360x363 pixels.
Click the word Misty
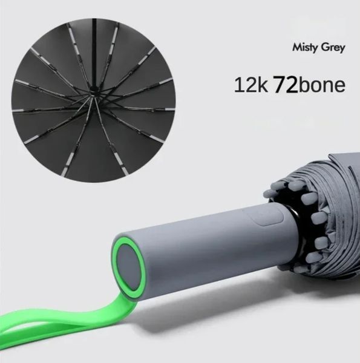(x=304, y=48)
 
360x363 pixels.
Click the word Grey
(x=332, y=48)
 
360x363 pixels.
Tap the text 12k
(x=250, y=85)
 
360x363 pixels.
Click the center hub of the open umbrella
(x=94, y=94)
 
